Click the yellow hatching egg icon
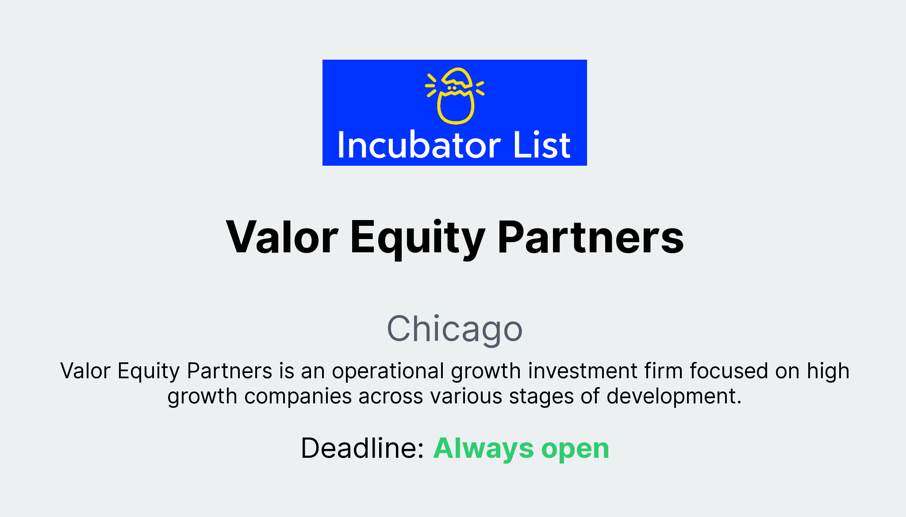[x=455, y=95]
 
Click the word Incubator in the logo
[x=418, y=145]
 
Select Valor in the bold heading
[x=282, y=237]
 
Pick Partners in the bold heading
[x=591, y=237]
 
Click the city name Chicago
[x=455, y=329]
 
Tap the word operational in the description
[x=388, y=371]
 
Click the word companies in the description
[x=298, y=396]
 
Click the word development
[x=674, y=396]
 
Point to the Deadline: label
[x=362, y=449]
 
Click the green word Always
[x=484, y=449]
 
